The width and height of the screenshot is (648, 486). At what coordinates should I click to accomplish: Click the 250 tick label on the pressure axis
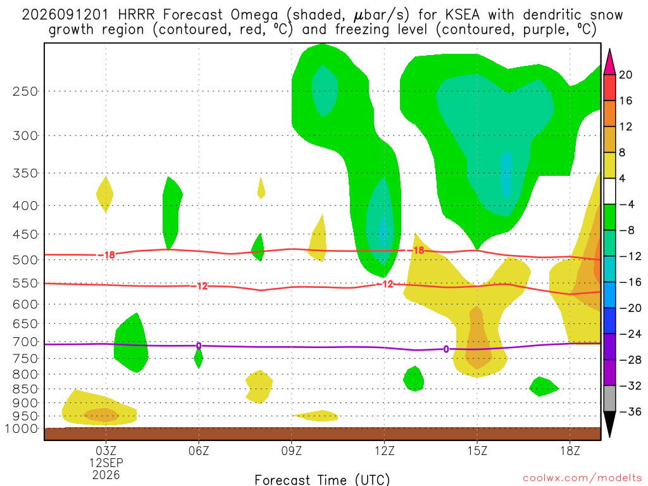[x=25, y=91]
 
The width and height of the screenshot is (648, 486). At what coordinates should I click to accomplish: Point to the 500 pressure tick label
[x=25, y=260]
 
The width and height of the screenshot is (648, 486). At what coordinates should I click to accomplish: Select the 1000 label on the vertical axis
[x=21, y=428]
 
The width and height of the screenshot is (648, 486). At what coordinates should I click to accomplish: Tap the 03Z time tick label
[x=106, y=451]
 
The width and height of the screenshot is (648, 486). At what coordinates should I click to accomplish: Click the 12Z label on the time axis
[x=384, y=451]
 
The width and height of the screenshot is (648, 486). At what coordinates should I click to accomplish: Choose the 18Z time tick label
[x=570, y=451]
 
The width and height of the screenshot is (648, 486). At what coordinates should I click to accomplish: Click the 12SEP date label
[x=106, y=463]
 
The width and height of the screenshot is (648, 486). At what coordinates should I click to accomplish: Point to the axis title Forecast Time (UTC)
[x=322, y=480]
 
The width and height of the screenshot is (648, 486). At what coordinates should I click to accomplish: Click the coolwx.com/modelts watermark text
[x=582, y=478]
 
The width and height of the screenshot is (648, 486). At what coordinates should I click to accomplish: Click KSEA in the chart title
[x=463, y=15]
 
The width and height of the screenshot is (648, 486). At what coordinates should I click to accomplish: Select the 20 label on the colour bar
[x=625, y=75]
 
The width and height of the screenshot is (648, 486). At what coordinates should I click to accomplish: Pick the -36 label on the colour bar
[x=630, y=411]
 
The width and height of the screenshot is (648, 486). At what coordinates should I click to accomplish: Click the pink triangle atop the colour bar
[x=609, y=63]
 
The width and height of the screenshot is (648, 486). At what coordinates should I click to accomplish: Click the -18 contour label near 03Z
[x=106, y=255]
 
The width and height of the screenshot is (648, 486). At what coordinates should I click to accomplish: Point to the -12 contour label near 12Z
[x=385, y=284]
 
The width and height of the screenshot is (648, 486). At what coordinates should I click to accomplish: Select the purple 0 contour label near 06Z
[x=199, y=346]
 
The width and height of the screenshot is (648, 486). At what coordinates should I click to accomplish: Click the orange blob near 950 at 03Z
[x=101, y=415]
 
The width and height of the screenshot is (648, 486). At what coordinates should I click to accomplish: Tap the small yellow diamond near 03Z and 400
[x=105, y=195]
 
